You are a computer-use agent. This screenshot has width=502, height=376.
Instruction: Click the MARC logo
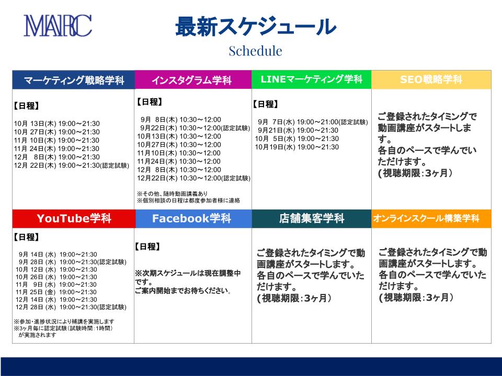(58, 26)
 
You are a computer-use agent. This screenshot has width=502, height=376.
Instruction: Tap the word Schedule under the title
(256, 51)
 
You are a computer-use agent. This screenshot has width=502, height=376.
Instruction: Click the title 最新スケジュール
(256, 26)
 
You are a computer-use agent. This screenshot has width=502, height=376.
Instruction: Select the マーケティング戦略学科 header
(74, 80)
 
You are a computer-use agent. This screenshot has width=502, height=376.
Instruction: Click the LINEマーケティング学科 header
(312, 79)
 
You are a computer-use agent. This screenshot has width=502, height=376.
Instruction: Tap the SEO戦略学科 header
(431, 79)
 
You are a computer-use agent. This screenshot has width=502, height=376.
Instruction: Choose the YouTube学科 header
(74, 219)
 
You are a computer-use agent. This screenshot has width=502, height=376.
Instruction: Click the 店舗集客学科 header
(312, 219)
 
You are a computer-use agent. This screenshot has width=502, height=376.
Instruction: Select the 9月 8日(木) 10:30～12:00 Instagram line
(180, 120)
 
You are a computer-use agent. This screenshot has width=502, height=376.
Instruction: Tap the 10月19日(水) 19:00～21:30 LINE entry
(297, 147)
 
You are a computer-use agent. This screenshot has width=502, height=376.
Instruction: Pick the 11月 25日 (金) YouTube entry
(56, 292)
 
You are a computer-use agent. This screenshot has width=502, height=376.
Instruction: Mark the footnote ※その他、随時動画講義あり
(172, 194)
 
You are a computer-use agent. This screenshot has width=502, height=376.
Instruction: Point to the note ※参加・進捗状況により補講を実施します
(64, 321)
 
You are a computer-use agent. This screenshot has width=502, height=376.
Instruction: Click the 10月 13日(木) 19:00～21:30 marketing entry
(56, 124)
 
